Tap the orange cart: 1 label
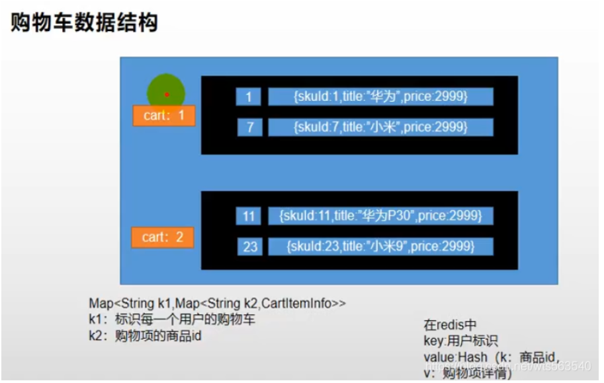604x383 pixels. coord(163,116)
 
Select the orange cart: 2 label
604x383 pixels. coord(162,237)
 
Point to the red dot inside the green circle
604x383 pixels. coord(167,95)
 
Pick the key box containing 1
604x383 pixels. coord(248,97)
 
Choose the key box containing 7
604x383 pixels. coord(249,127)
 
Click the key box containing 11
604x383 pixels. coord(248,216)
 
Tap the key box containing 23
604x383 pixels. coord(249,247)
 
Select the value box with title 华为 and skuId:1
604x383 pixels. coord(380,97)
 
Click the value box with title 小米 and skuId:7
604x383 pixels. coord(380,127)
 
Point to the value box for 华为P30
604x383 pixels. coord(380,216)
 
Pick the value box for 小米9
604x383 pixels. coord(380,247)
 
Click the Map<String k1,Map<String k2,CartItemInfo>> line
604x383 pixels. coord(218,303)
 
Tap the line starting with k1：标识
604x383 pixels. coord(172,320)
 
